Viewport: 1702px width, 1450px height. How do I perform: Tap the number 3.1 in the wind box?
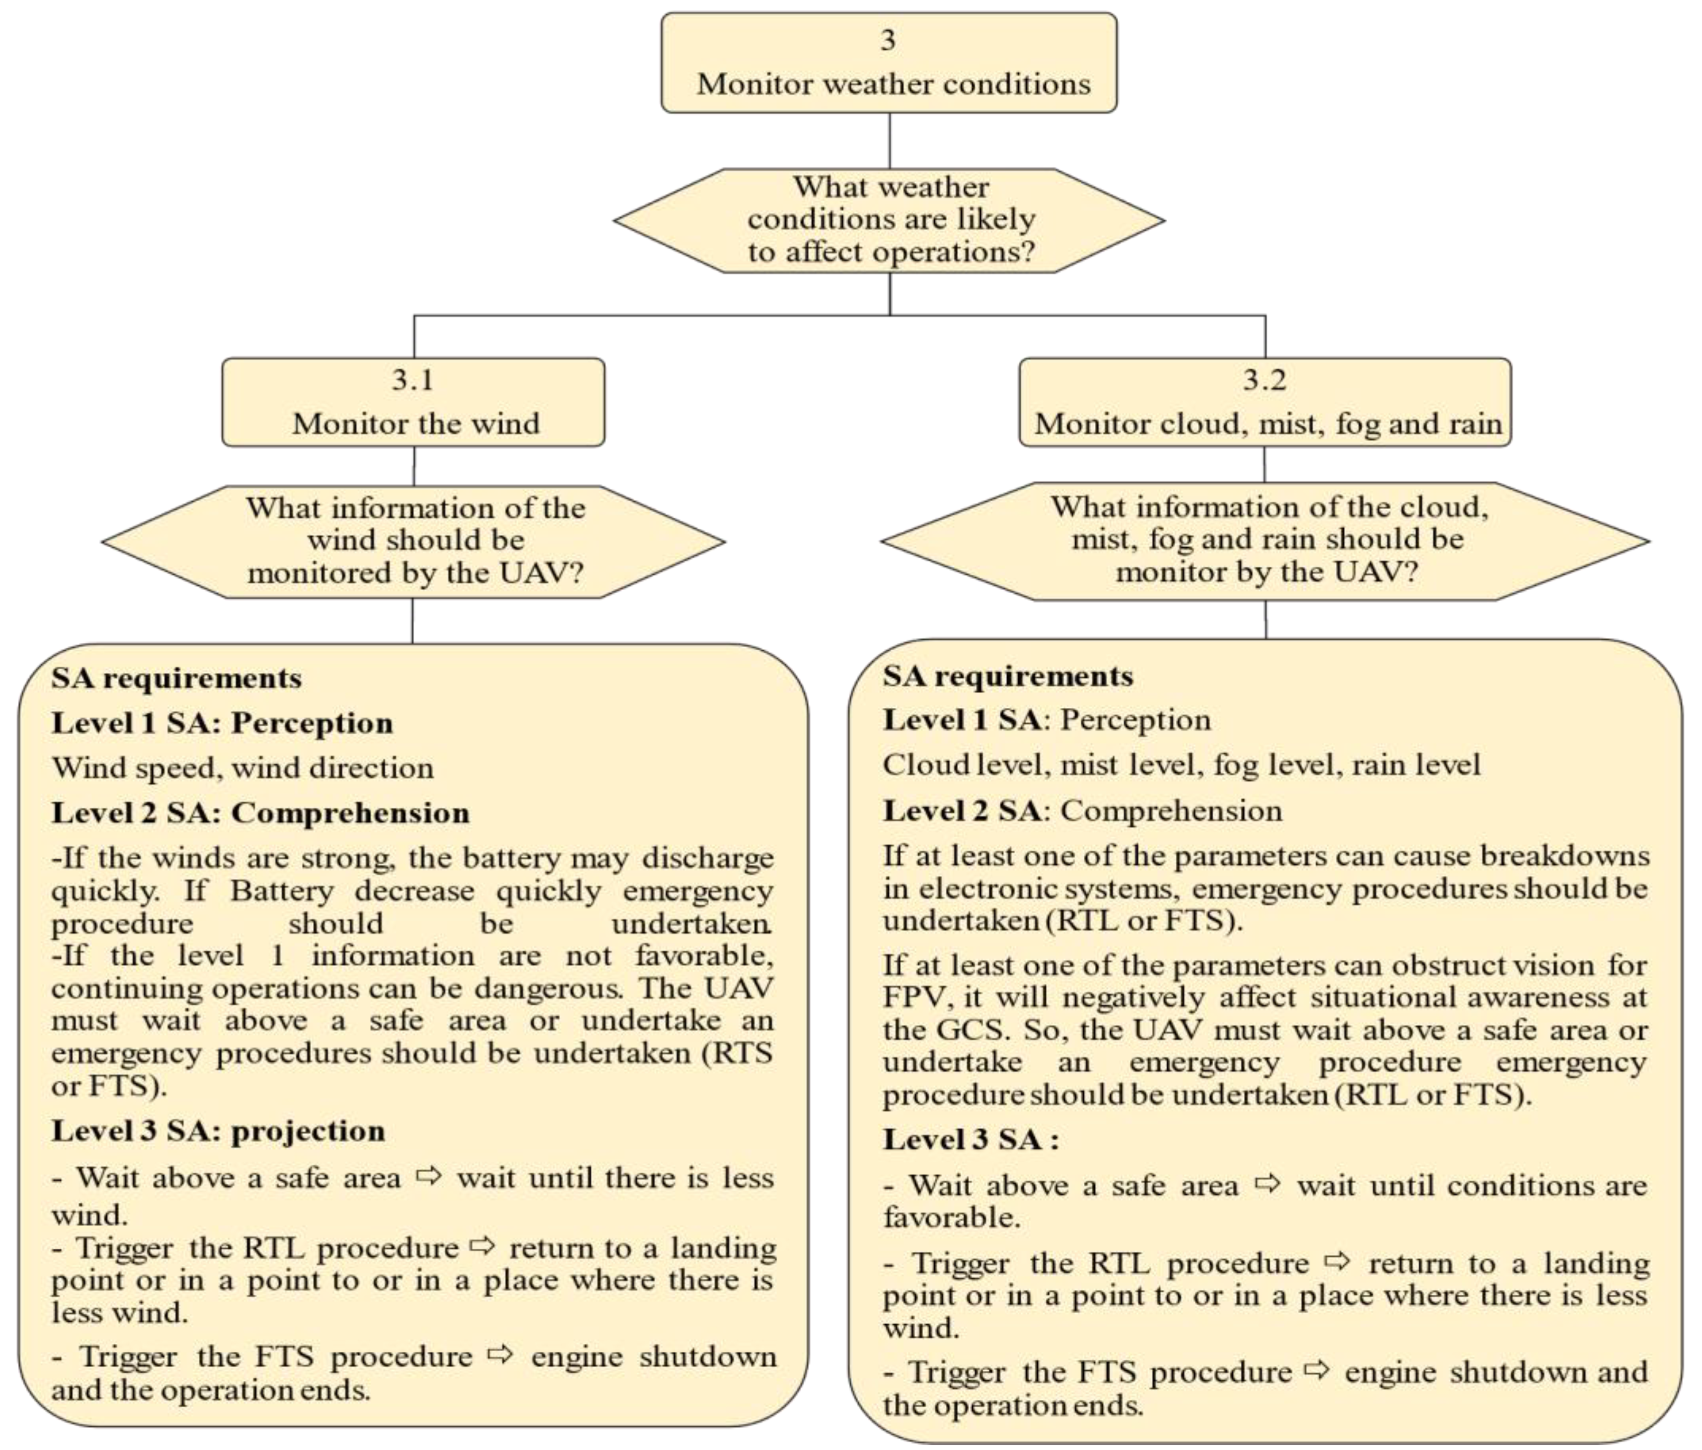pyautogui.click(x=412, y=380)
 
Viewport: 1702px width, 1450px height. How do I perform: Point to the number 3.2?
pyautogui.click(x=1265, y=380)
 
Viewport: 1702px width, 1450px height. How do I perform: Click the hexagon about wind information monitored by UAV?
pyautogui.click(x=414, y=541)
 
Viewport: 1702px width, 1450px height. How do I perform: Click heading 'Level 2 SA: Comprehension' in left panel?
pyautogui.click(x=261, y=813)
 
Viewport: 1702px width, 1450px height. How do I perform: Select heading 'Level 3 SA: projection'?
pyautogui.click(x=219, y=1131)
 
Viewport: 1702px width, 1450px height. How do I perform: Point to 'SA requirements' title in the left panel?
pyautogui.click(x=176, y=678)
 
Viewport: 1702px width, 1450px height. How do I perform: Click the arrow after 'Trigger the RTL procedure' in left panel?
pyautogui.click(x=483, y=1247)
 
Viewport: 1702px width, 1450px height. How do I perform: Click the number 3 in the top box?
pyautogui.click(x=888, y=40)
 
